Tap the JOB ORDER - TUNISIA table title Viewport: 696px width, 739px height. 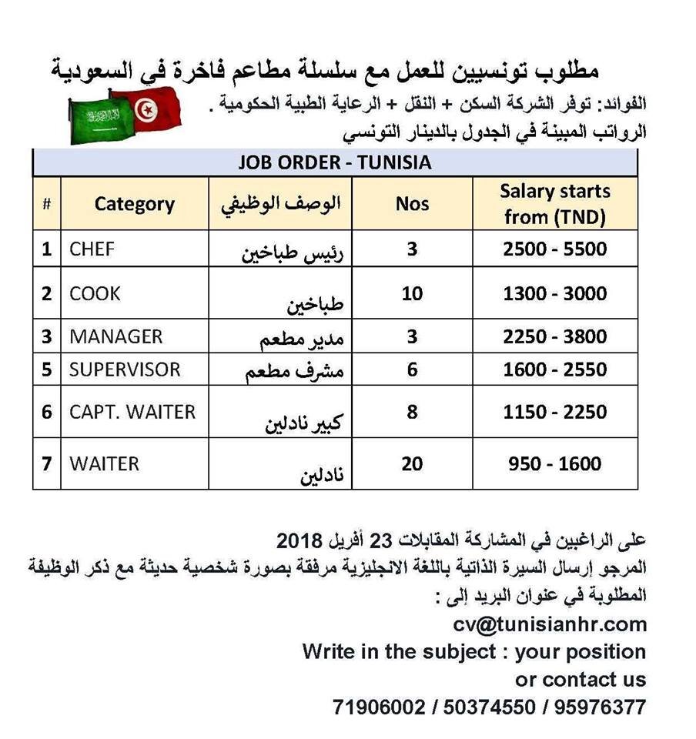point(334,163)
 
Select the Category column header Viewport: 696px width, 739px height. point(135,204)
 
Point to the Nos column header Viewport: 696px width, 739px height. point(413,204)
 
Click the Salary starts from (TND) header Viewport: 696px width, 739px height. point(555,204)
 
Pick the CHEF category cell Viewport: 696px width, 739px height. point(92,249)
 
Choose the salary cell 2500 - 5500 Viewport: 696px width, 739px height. point(555,249)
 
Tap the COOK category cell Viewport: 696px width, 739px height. point(95,293)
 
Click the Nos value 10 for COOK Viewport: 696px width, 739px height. point(413,293)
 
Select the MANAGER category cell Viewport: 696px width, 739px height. point(116,336)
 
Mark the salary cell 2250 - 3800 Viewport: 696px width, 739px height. point(555,336)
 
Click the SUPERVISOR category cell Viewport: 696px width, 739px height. point(125,369)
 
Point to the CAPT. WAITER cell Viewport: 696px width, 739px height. point(132,412)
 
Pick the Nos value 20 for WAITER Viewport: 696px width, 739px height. point(413,463)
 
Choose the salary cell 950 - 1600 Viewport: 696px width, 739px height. point(555,463)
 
